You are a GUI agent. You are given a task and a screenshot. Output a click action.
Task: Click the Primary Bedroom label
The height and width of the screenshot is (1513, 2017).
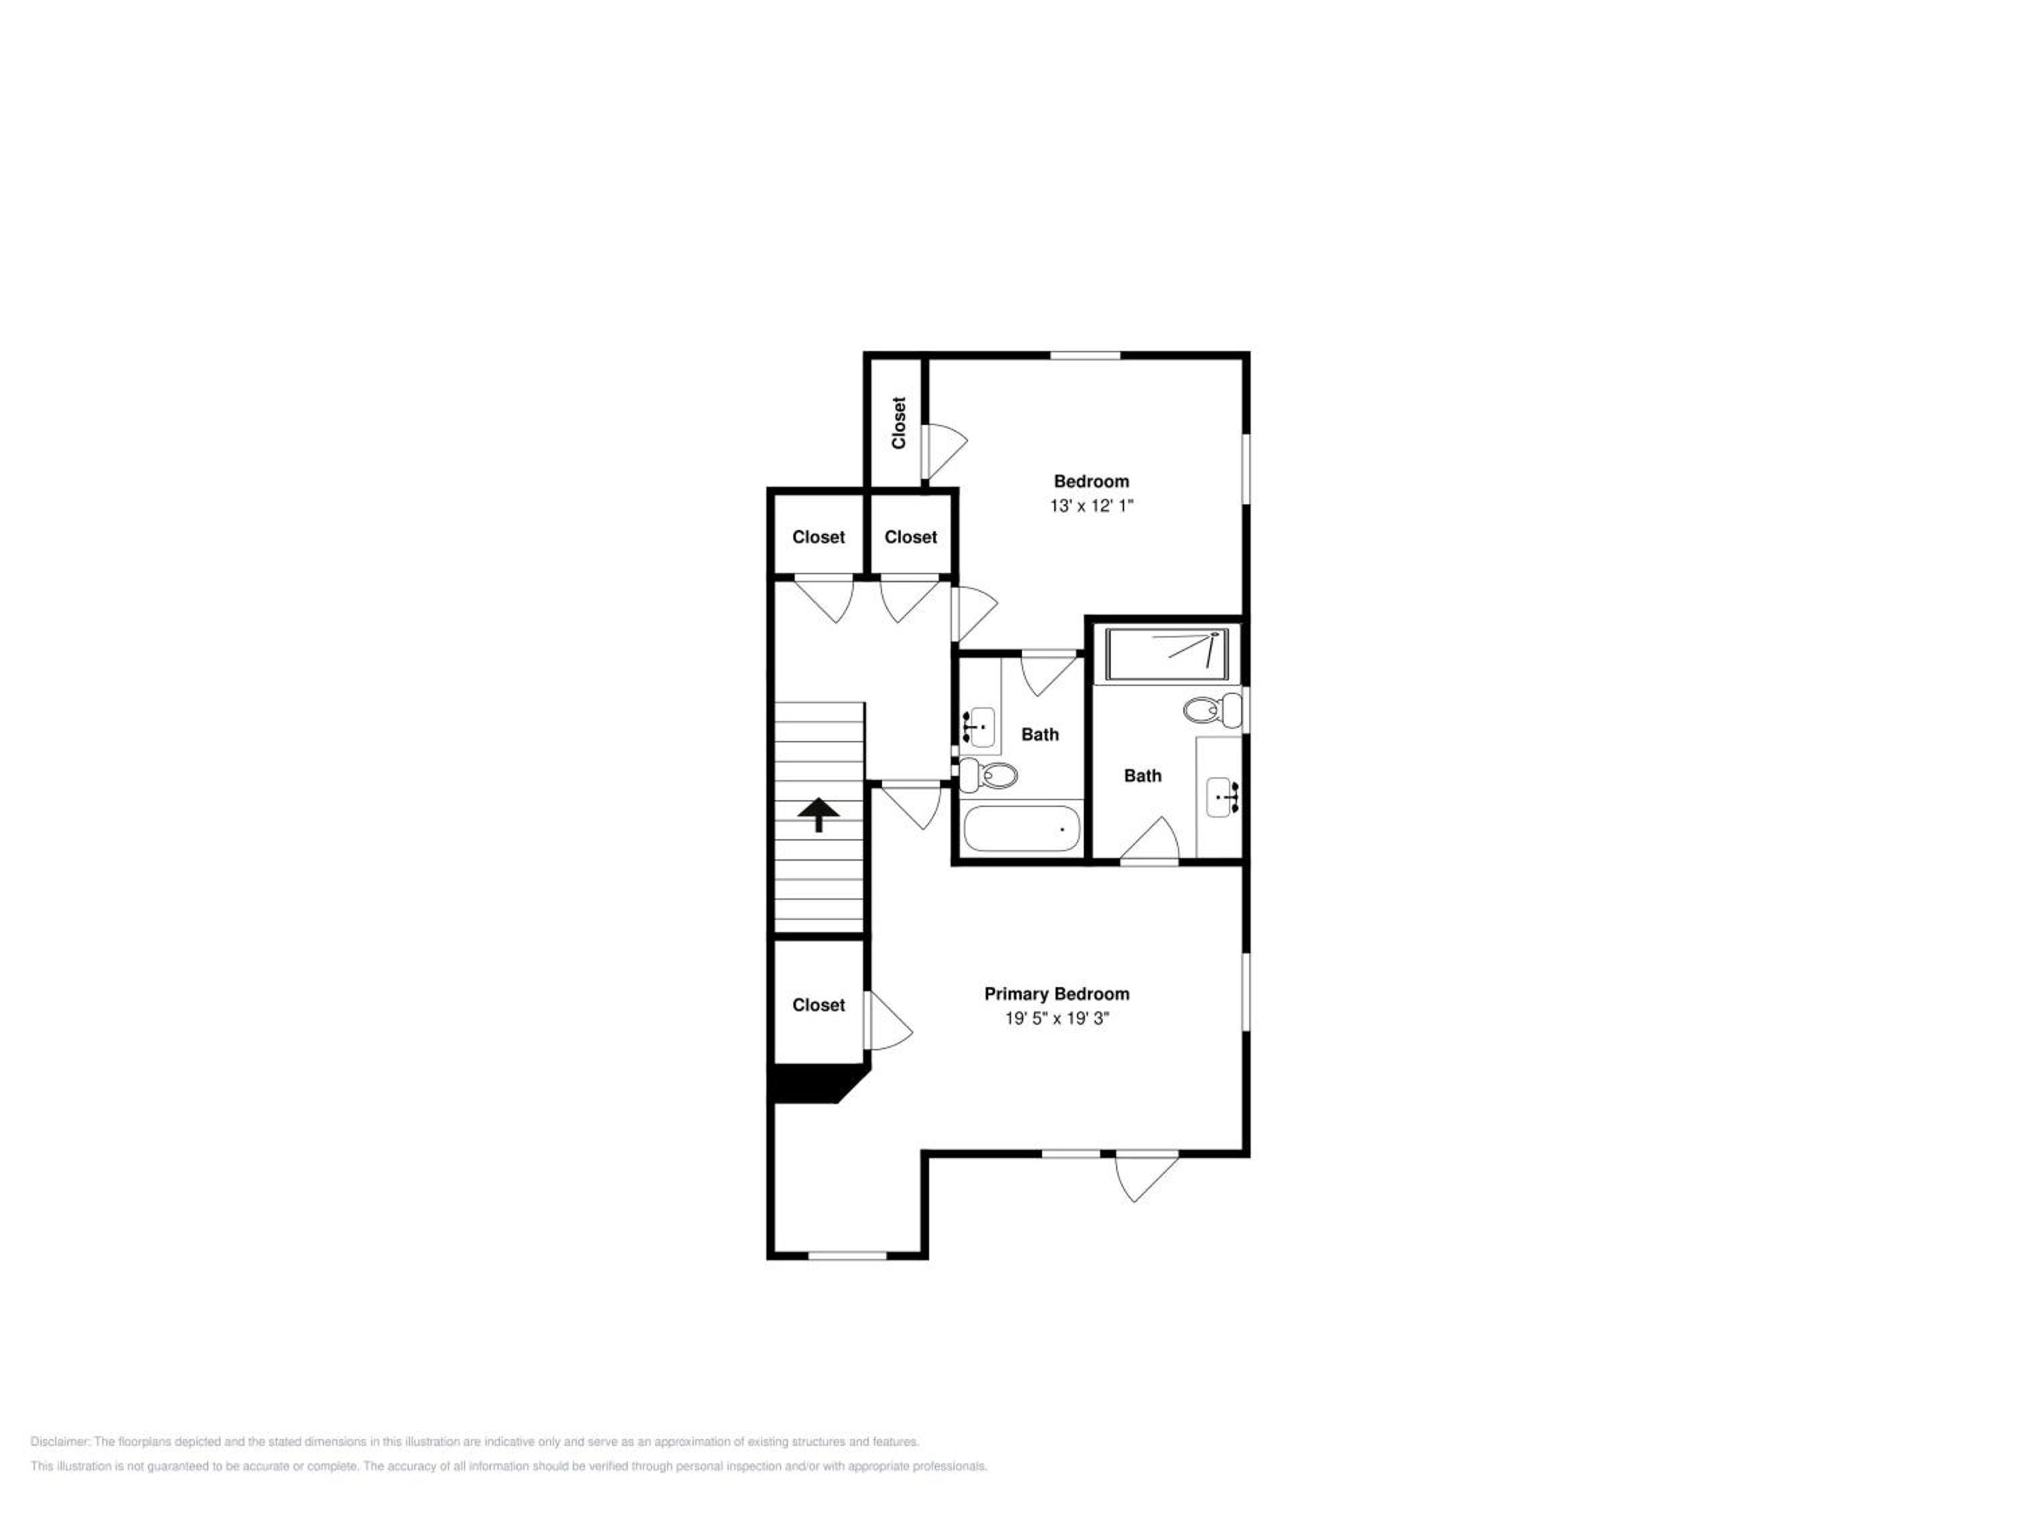tap(1057, 994)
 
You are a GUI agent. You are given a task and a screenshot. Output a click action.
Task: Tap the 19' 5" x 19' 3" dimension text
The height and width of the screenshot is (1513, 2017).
tap(1057, 1019)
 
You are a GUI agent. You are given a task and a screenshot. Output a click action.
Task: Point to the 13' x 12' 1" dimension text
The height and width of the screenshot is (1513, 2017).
tap(1091, 505)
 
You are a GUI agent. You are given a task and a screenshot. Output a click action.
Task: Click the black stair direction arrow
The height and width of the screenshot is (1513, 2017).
tap(819, 814)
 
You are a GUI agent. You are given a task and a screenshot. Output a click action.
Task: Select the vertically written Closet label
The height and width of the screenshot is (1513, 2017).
tap(899, 423)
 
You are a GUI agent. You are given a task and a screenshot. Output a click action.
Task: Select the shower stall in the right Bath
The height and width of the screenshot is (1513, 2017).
tap(1167, 653)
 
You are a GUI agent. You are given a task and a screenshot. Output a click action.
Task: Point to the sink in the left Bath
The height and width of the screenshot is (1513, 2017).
tap(980, 727)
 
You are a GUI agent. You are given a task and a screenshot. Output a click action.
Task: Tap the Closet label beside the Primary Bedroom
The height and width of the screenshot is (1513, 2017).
tap(819, 1005)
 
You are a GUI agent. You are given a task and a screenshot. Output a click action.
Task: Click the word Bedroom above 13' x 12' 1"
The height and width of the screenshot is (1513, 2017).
tap(1091, 481)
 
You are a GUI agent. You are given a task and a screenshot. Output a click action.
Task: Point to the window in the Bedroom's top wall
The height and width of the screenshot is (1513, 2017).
tap(1085, 356)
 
